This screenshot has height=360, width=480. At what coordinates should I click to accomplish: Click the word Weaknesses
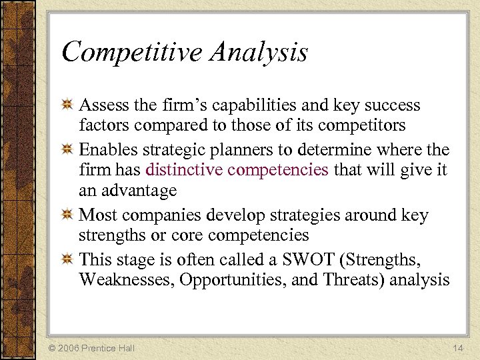click(127, 280)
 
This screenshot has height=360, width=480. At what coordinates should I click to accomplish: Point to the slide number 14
click(457, 348)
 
